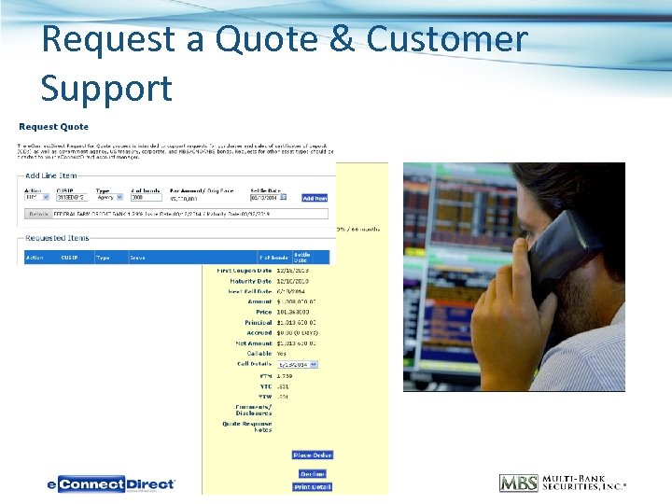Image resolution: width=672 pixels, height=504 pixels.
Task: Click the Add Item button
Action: pos(315,198)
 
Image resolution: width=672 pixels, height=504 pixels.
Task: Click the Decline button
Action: pos(312,474)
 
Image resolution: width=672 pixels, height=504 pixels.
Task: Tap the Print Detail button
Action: pos(312,487)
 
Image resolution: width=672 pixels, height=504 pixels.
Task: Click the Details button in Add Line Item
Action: pos(37,213)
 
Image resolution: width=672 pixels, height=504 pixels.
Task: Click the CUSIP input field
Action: pos(71,198)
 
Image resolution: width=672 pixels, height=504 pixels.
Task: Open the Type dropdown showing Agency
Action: pos(110,198)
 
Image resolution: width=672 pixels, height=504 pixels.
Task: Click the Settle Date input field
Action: pos(267,198)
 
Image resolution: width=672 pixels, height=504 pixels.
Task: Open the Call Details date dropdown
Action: pos(297,365)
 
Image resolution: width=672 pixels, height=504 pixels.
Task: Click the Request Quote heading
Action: pos(53,127)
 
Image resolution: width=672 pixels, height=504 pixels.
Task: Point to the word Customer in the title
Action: pos(447,39)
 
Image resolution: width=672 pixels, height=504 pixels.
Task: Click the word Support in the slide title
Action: pos(106,88)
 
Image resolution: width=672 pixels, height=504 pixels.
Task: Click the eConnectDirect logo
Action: pos(111,484)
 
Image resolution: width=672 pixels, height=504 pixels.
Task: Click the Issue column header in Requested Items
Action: pos(137,258)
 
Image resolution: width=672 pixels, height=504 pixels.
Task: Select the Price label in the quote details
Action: pos(262,313)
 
